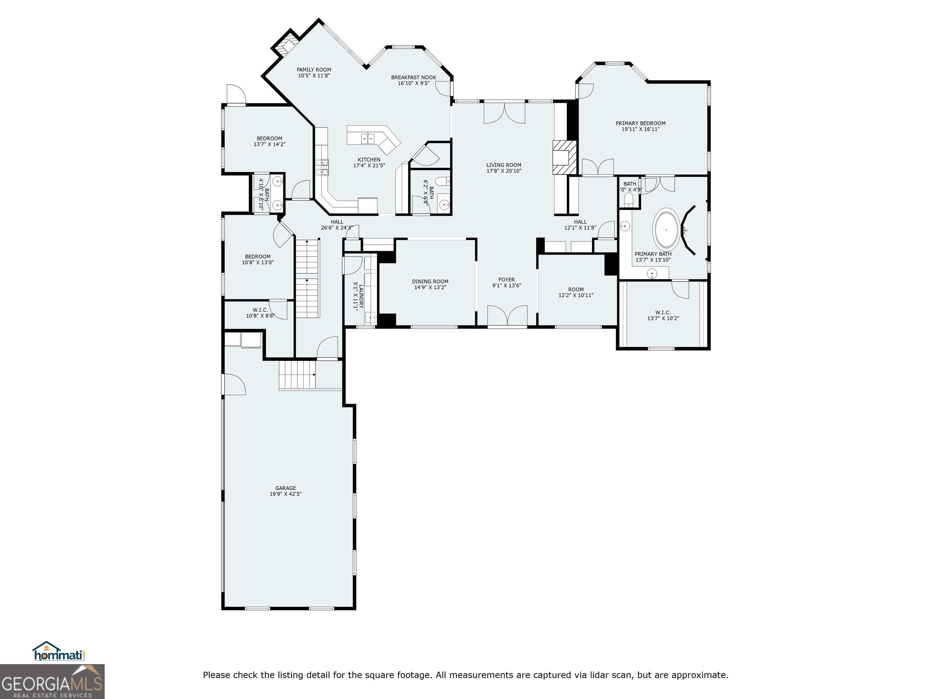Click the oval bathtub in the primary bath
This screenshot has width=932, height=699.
click(x=667, y=230)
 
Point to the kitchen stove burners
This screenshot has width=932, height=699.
click(x=323, y=167)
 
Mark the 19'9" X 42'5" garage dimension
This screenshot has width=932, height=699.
click(x=286, y=494)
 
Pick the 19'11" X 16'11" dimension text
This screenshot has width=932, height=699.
click(x=640, y=129)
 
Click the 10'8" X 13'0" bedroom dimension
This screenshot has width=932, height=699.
click(x=258, y=262)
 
